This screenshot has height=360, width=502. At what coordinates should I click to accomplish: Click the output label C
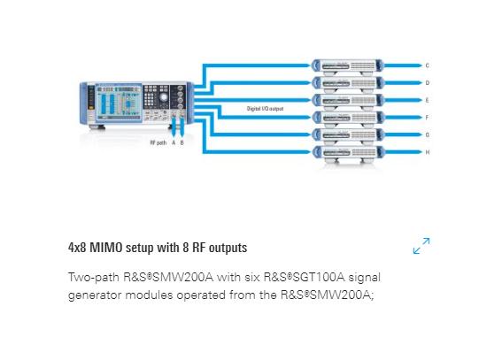[427, 65]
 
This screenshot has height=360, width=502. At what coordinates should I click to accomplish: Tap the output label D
[427, 83]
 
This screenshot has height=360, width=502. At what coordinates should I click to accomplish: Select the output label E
[427, 100]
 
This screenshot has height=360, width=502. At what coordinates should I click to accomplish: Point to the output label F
[427, 118]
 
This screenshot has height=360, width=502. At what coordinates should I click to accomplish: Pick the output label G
[427, 134]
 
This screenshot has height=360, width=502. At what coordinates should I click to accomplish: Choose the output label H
[427, 152]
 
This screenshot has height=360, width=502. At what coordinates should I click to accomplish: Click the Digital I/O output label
[265, 109]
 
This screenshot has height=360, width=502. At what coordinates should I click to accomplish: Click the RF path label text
[158, 142]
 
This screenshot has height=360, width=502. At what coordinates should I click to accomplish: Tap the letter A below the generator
[174, 142]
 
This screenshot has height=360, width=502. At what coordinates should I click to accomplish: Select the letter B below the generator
[181, 142]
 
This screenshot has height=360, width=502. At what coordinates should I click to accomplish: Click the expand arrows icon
[421, 246]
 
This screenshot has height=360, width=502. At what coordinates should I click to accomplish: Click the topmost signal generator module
[347, 66]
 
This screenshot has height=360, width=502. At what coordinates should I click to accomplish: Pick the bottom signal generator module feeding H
[347, 153]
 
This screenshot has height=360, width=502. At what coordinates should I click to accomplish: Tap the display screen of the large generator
[119, 102]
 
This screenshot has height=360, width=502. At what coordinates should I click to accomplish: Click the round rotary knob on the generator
[164, 97]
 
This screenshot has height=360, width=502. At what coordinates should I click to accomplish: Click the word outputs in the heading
[228, 248]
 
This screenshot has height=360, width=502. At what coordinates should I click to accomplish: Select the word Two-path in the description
[94, 277]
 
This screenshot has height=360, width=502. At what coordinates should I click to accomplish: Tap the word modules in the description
[150, 295]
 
